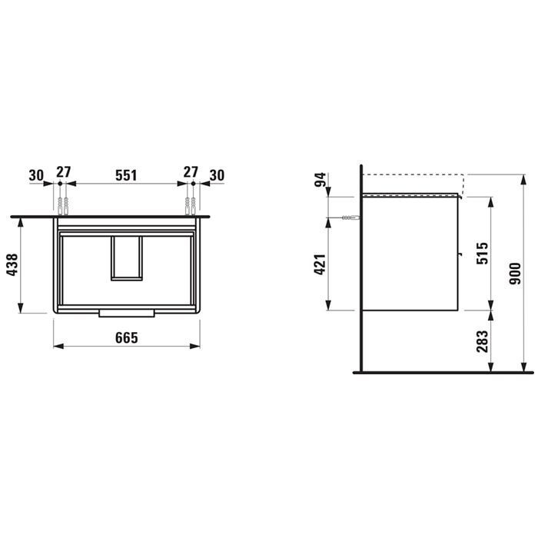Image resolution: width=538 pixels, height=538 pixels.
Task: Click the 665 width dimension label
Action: pyautogui.click(x=127, y=337)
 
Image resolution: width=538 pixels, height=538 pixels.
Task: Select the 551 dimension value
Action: pyautogui.click(x=126, y=175)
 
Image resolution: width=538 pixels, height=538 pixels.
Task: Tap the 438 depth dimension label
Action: pyautogui.click(x=12, y=264)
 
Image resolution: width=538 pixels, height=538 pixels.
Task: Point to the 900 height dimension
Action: pyautogui.click(x=515, y=274)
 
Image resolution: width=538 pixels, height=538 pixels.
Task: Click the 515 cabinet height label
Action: pyautogui.click(x=482, y=253)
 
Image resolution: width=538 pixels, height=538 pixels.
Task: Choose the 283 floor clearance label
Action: pyautogui.click(x=482, y=341)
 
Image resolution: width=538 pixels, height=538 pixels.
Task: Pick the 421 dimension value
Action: pyautogui.click(x=320, y=264)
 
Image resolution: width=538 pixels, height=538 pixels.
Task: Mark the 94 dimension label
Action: pyautogui.click(x=320, y=179)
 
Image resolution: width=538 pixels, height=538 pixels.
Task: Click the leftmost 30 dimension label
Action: pyautogui.click(x=36, y=175)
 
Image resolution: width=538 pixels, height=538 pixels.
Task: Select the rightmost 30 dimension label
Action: pyautogui.click(x=217, y=175)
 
